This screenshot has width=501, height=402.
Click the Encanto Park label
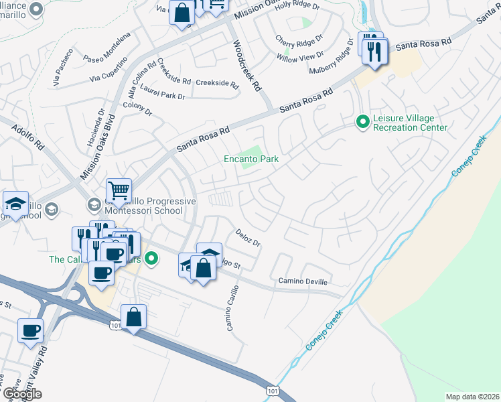(250, 159)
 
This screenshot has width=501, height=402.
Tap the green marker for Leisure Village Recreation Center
(362, 121)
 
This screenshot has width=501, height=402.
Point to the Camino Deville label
(301, 281)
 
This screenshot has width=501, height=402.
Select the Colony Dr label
(138, 109)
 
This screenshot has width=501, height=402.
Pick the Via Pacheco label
(64, 68)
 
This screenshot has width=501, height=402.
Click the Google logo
(22, 394)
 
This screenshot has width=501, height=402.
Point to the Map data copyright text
(472, 397)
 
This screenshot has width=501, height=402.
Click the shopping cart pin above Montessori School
(119, 190)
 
